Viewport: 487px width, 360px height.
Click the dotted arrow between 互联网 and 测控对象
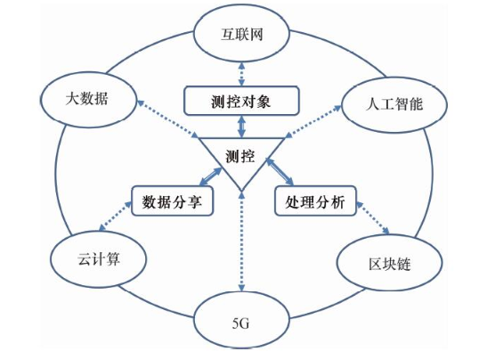coord(241,74)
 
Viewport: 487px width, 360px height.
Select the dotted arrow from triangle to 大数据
coord(167,119)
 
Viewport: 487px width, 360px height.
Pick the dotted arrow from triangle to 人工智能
coord(313,121)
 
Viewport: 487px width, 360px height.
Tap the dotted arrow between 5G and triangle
coord(241,241)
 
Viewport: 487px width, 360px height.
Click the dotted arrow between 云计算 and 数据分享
coord(116,217)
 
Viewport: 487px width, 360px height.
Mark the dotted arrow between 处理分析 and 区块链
coord(373,218)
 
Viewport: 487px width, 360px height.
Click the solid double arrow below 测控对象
coord(241,127)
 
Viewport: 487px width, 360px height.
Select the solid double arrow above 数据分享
coord(211,177)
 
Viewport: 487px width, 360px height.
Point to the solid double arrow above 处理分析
coord(280,172)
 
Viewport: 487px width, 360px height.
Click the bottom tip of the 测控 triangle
coord(241,191)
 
